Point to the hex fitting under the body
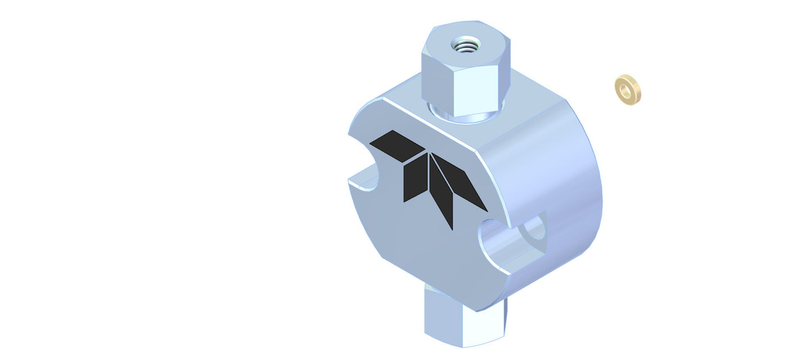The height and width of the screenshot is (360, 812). [x=465, y=320]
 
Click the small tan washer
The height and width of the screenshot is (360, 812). [x=628, y=89]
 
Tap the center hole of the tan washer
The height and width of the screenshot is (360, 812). [x=626, y=89]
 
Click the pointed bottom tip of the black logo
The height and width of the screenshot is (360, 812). [x=451, y=227]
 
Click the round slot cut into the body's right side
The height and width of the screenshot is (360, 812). [x=506, y=241]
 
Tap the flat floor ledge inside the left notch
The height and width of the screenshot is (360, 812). [x=363, y=184]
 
